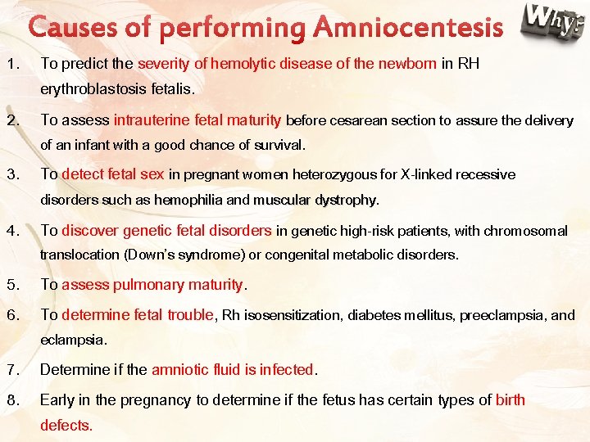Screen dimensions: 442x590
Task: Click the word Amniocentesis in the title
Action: click(x=408, y=29)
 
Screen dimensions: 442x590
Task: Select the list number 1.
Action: click(x=11, y=63)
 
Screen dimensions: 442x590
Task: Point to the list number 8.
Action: click(x=11, y=400)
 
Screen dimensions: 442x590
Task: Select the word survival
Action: click(x=278, y=145)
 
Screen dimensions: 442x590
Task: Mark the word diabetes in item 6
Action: click(x=374, y=315)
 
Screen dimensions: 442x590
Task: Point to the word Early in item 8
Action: click(x=57, y=400)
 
